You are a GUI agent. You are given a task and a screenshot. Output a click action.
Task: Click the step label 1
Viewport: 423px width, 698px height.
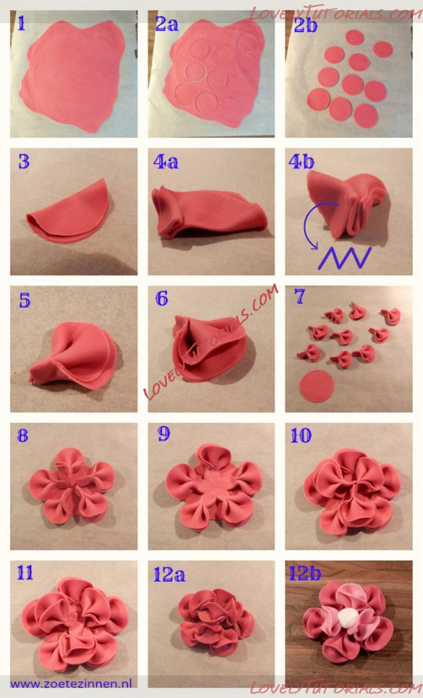pos(21,23)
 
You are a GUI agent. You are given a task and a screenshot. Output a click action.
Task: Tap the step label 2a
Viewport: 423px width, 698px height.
pos(167,23)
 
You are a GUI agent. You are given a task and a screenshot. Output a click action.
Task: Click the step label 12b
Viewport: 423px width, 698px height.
pos(305,573)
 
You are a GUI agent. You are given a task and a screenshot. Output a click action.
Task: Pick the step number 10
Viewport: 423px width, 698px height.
pos(301,435)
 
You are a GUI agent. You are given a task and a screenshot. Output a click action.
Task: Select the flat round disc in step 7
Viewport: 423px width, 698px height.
pos(317,386)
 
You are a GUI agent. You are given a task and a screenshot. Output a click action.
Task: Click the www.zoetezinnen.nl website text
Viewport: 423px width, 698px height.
pos(71,683)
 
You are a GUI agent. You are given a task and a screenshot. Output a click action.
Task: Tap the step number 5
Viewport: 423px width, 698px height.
pos(25,300)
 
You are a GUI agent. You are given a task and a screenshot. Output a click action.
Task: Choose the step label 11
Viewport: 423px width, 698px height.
pos(25,572)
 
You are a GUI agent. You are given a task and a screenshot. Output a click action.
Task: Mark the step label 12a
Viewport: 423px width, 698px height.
pos(169,574)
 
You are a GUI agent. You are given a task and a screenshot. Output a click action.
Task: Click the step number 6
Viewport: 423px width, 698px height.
pos(162,298)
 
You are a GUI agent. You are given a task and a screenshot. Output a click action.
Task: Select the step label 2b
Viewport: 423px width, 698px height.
pos(305,25)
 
